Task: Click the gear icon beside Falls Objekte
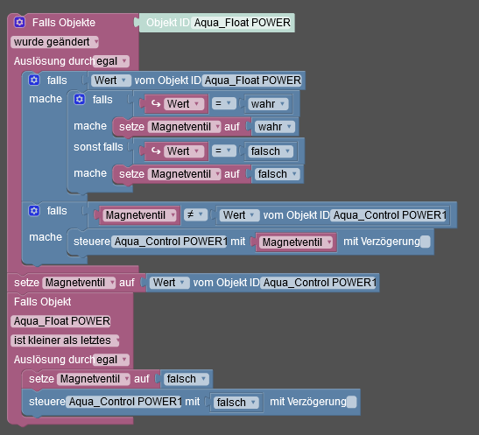(x=20, y=22)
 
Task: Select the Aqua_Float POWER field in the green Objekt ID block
(x=242, y=23)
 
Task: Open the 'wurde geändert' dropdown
(x=54, y=42)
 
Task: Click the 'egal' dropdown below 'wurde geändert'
(x=111, y=61)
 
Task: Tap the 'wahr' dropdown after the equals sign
(x=268, y=104)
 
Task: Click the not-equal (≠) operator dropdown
(x=195, y=215)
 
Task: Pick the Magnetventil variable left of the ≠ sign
(x=139, y=215)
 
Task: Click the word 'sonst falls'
(x=98, y=147)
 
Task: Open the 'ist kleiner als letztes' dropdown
(x=65, y=340)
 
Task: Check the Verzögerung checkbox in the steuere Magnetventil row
(x=426, y=242)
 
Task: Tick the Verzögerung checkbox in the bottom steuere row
(x=352, y=402)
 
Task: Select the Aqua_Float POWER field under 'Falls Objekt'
(x=60, y=321)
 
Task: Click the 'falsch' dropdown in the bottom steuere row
(x=236, y=403)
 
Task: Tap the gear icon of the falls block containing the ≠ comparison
(x=34, y=211)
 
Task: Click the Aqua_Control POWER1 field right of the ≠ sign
(x=388, y=215)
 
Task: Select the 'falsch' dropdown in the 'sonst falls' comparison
(x=271, y=151)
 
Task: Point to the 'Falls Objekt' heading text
(x=42, y=302)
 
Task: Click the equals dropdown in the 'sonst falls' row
(x=224, y=151)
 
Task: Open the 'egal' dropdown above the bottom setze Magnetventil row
(x=111, y=360)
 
